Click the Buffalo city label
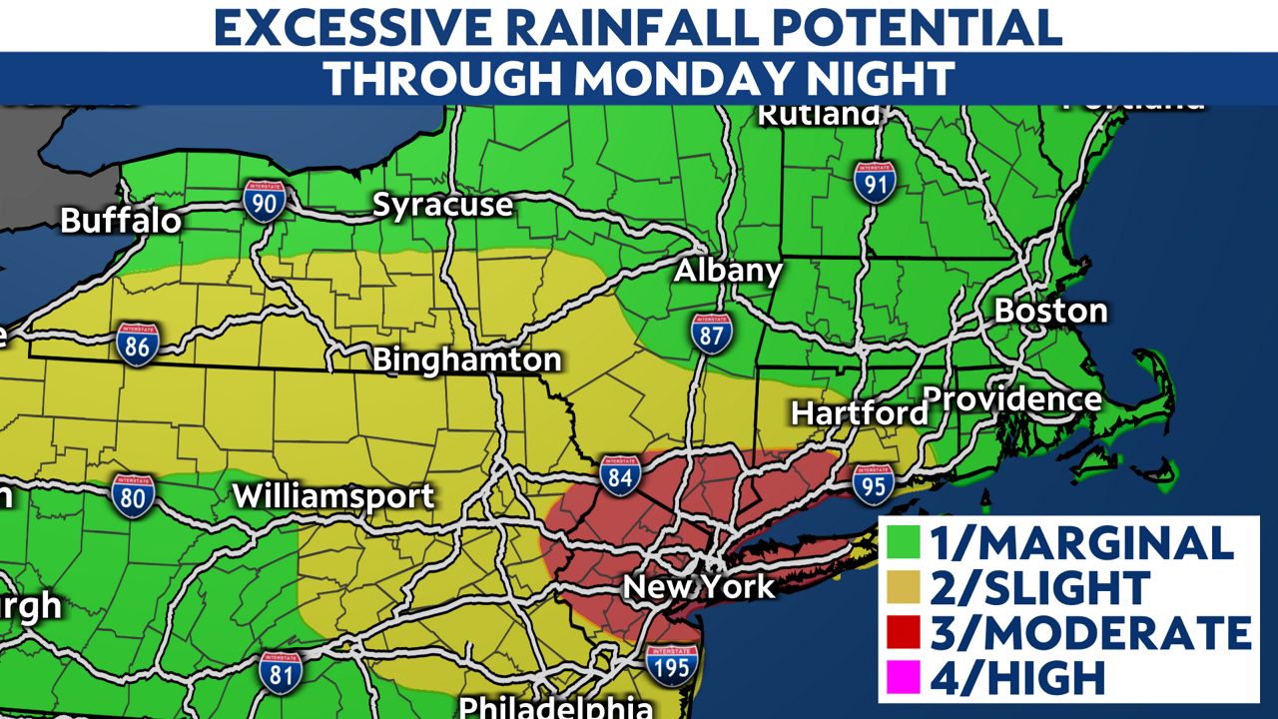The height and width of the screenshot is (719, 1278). [121, 220]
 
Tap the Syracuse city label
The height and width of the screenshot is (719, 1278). [442, 206]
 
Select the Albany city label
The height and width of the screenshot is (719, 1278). [728, 272]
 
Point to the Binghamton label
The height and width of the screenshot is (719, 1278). [467, 359]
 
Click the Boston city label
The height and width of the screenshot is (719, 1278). [1050, 311]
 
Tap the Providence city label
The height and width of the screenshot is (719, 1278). [1011, 399]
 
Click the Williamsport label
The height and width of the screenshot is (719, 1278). [333, 496]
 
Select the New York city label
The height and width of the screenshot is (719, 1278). [699, 585]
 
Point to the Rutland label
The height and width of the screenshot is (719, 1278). [819, 115]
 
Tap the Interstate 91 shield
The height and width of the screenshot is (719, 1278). [874, 183]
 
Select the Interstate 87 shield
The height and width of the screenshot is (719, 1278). [711, 332]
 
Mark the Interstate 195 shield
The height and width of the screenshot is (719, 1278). [670, 663]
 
